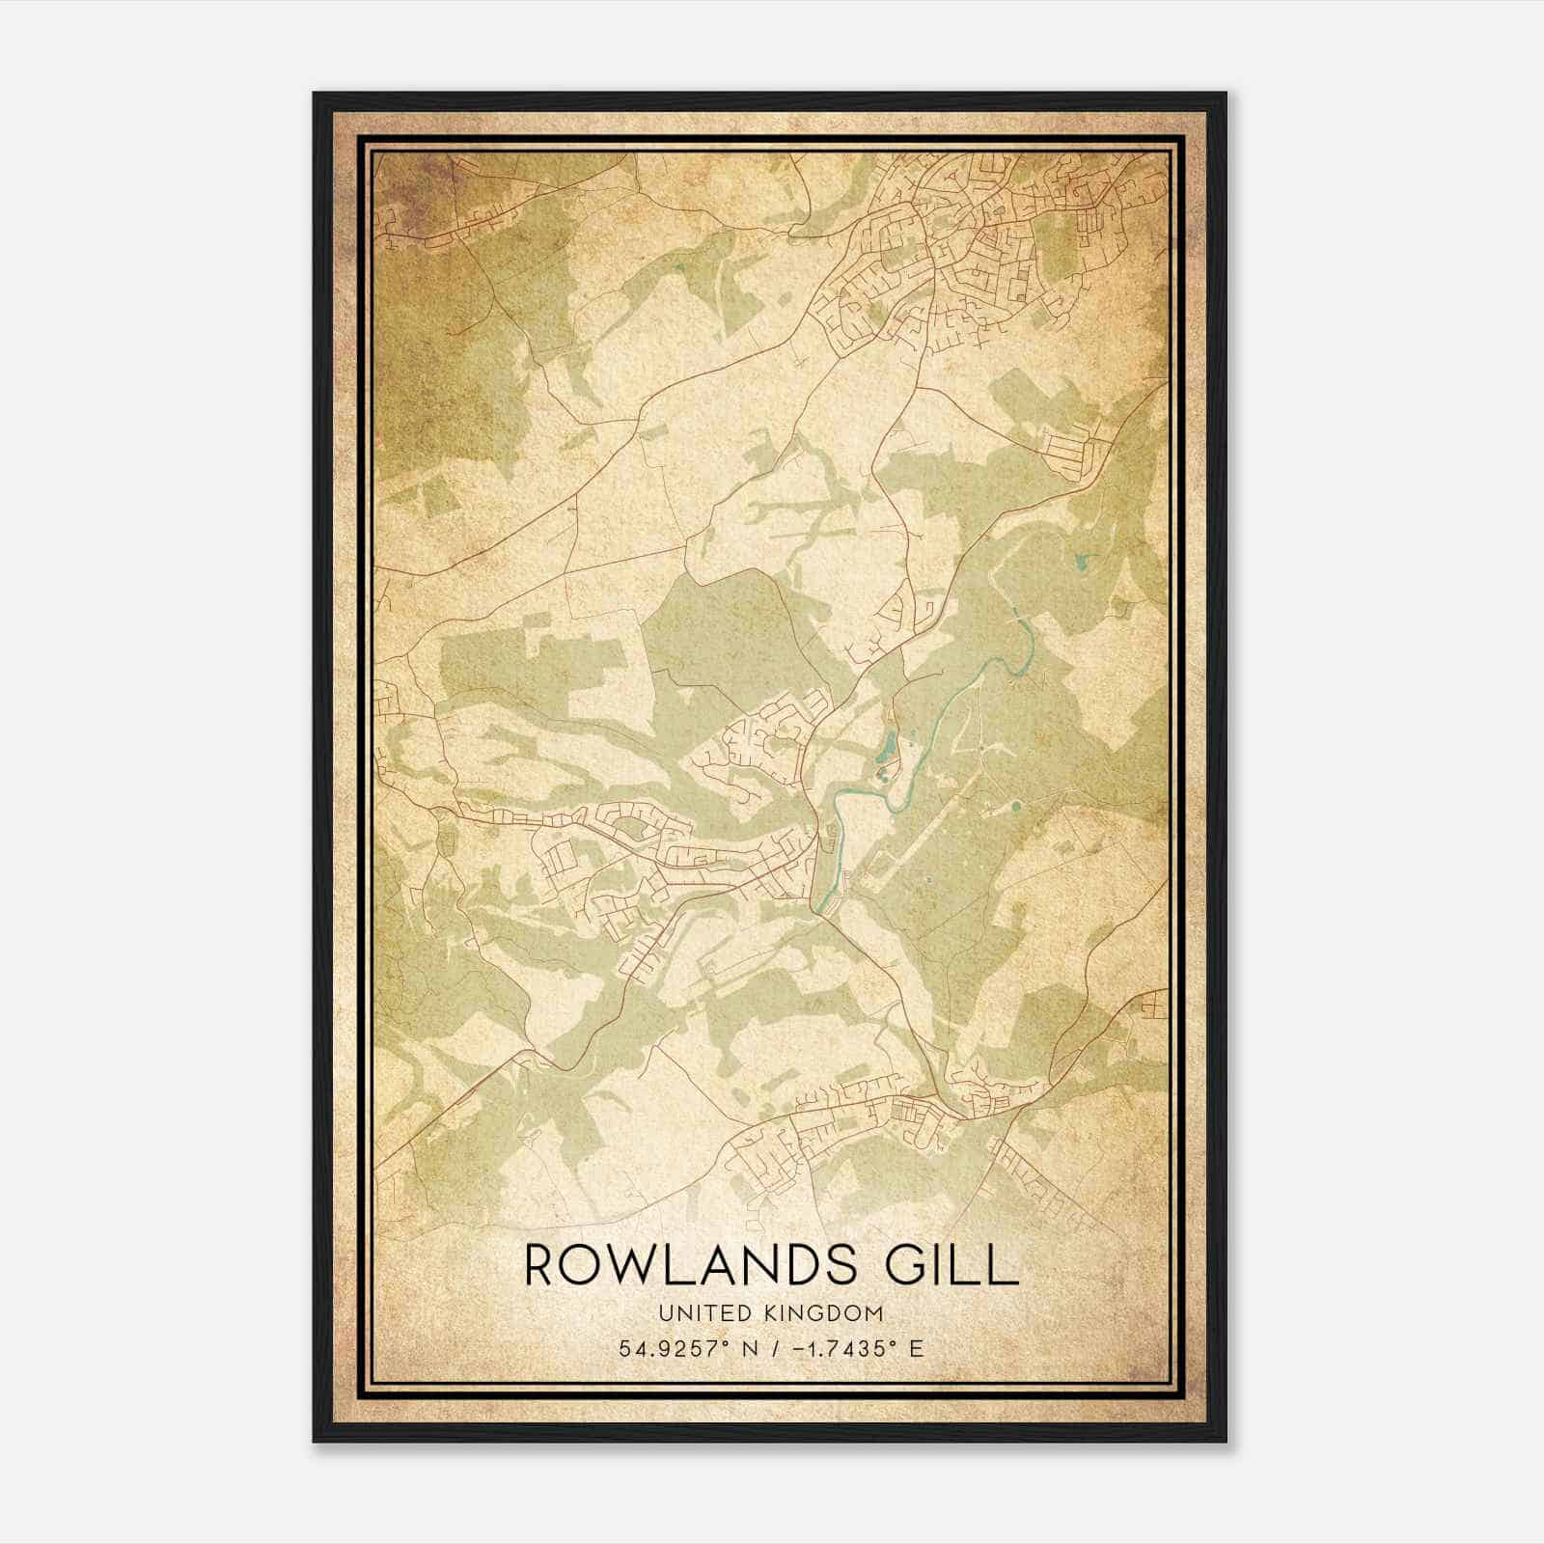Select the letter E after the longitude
[x=916, y=1348]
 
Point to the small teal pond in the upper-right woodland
[x=1078, y=558]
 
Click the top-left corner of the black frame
[x=315, y=94]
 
